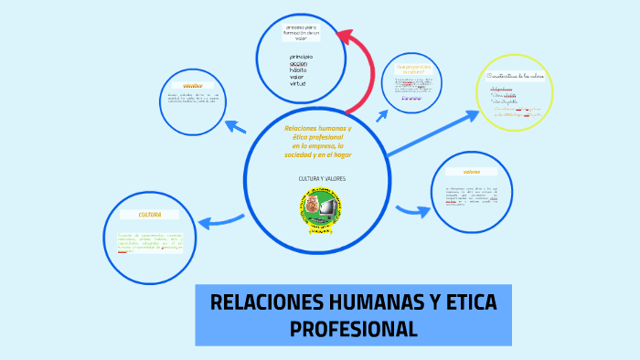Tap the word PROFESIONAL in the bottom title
[x=353, y=329]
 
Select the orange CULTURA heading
[x=150, y=215]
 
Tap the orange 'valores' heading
[x=472, y=172]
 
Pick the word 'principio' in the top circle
[x=301, y=58]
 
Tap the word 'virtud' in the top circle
[x=297, y=83]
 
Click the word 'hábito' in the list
[x=298, y=70]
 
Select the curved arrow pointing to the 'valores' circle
[x=411, y=211]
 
